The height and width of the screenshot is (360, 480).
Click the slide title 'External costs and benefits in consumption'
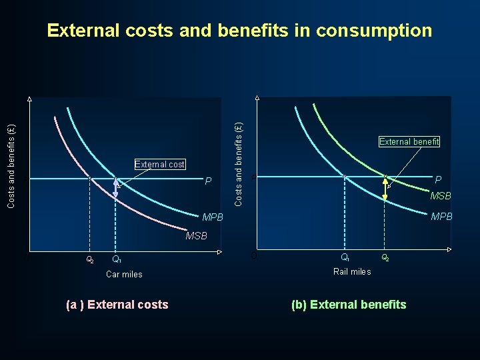[x=239, y=31]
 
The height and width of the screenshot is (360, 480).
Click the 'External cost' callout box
[x=159, y=164]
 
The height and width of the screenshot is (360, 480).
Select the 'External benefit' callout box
[x=409, y=141]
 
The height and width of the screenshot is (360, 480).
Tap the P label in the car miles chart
[x=208, y=181]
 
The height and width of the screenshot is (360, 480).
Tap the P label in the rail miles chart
[x=437, y=180]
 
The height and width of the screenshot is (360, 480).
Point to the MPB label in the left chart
[x=212, y=217]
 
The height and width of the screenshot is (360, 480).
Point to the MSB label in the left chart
[x=196, y=235]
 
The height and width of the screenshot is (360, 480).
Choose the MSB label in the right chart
[x=440, y=196]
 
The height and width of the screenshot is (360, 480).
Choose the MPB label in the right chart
[x=441, y=217]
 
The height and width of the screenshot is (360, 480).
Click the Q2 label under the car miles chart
[x=91, y=259]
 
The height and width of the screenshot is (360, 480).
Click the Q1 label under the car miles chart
[x=116, y=259]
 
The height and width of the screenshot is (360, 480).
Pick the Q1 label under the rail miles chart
[x=345, y=257]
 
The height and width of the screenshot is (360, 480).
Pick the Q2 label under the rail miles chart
[x=385, y=257]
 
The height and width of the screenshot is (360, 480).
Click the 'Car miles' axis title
[x=124, y=274]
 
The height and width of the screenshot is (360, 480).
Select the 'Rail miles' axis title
[x=352, y=271]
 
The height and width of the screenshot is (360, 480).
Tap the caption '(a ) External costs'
[x=117, y=305]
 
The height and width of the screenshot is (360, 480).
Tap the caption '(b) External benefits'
[x=349, y=305]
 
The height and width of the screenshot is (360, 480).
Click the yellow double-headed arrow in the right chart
[x=385, y=188]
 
